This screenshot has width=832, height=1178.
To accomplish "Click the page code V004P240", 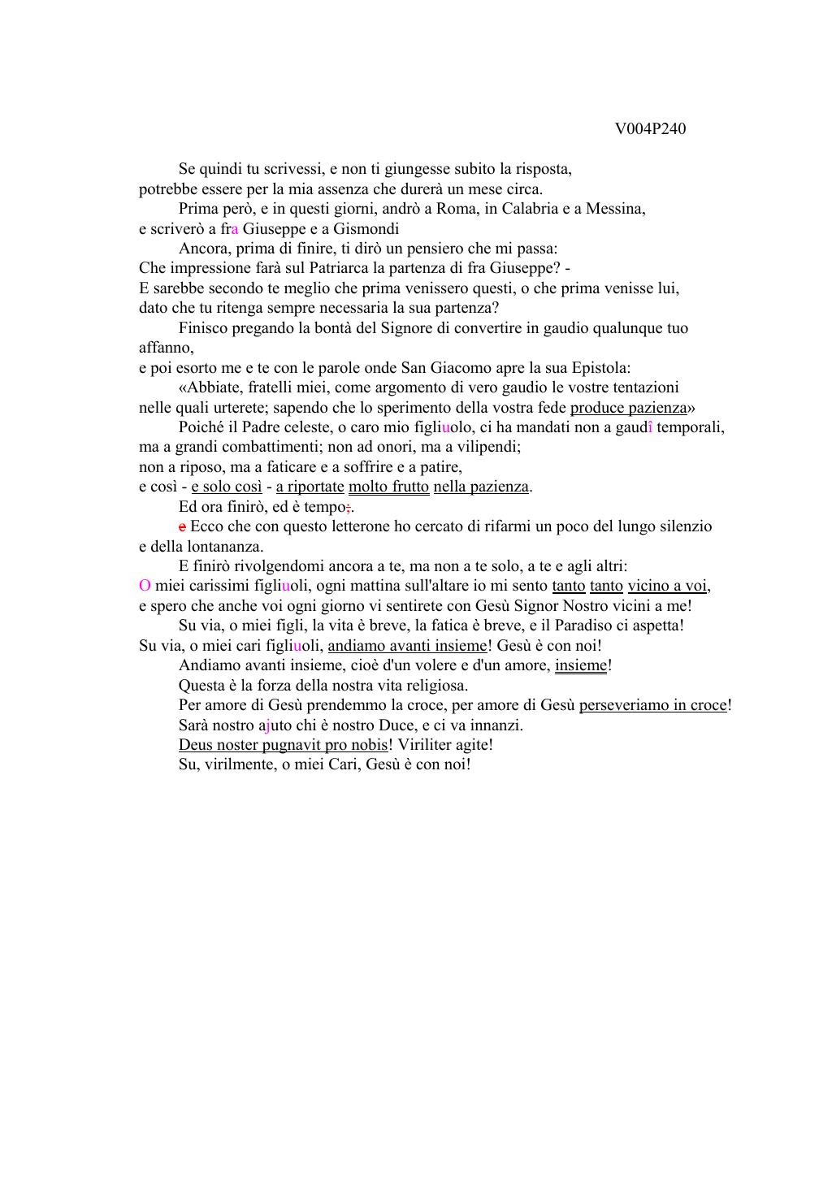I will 650,129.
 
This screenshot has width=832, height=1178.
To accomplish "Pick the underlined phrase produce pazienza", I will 628,408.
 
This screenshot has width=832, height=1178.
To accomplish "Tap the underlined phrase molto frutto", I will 388,487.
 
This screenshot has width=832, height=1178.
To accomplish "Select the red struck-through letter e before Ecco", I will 182,526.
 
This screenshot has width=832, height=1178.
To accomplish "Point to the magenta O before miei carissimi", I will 145,586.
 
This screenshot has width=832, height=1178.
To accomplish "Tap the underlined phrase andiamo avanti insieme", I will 407,646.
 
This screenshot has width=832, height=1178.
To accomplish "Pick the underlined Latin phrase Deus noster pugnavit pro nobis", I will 283,745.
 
